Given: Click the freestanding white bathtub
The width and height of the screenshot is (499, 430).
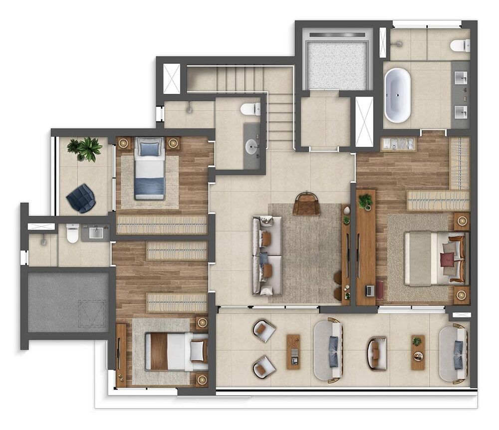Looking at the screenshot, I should click(x=397, y=95).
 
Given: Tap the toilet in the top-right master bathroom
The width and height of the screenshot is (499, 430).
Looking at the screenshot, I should click(x=460, y=46).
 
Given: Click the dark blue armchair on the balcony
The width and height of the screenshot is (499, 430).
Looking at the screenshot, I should click(x=81, y=198).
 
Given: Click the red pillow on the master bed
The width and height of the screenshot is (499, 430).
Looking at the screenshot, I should click(x=447, y=259).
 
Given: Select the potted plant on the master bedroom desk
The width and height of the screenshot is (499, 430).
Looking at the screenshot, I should click(x=365, y=201).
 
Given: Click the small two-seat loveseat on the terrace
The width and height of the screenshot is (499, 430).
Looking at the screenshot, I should click(x=377, y=354).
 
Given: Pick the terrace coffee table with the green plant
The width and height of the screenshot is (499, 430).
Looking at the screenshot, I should click(x=418, y=352).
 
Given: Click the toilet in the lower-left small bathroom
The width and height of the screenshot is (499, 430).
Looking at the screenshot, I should click(x=72, y=233).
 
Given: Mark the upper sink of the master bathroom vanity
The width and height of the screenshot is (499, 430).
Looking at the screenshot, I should click(x=461, y=78).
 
